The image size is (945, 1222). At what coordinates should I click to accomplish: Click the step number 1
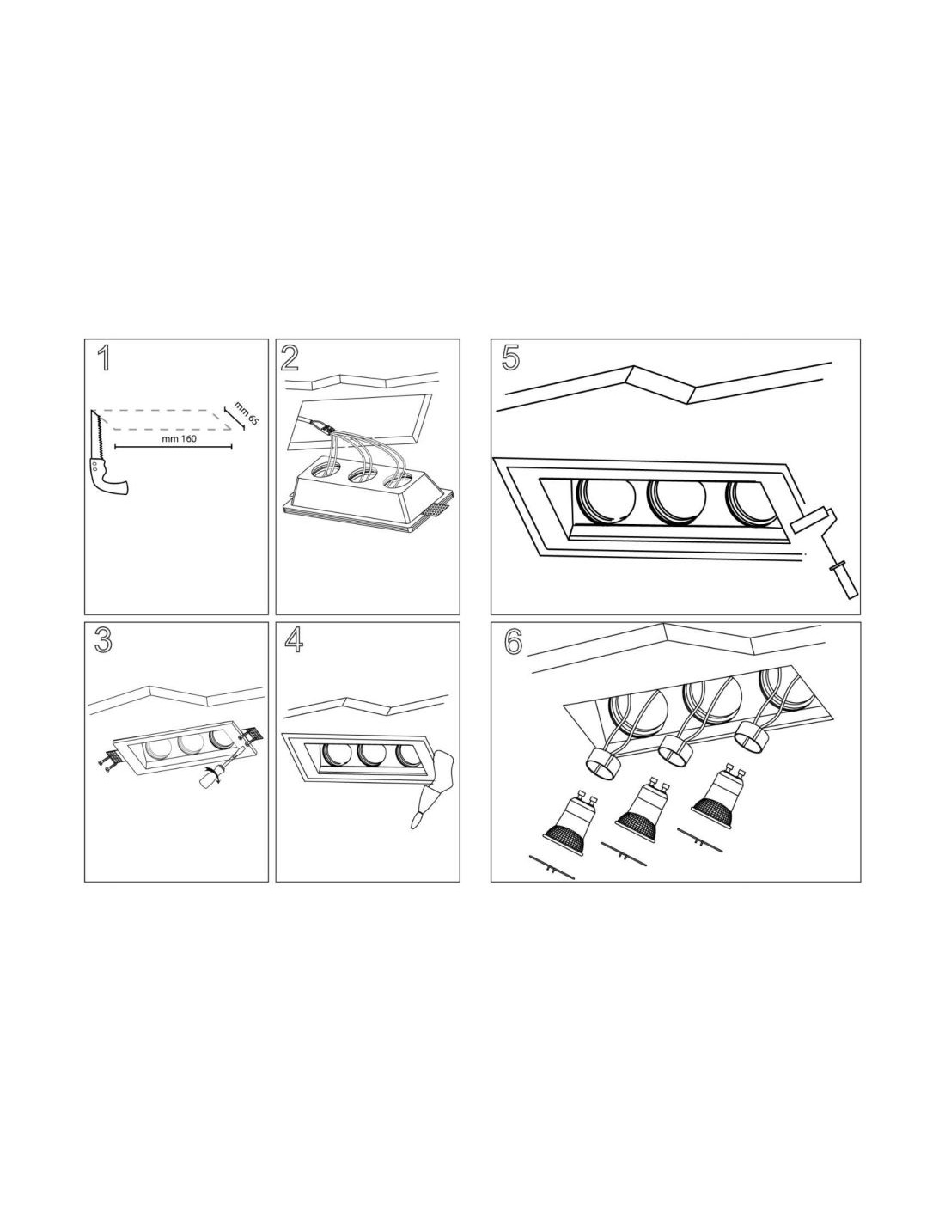point(104,359)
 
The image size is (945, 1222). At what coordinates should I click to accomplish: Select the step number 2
point(290,359)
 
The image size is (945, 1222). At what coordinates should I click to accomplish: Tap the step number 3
point(103,640)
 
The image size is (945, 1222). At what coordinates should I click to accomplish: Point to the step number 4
point(294,640)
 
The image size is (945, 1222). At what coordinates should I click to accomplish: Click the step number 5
point(510,359)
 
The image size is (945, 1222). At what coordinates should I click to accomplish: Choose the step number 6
point(513,643)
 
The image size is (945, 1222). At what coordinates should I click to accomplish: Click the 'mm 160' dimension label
point(180,438)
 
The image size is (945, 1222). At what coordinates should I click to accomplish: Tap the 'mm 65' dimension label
point(247,412)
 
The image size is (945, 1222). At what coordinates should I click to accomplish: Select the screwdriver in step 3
point(219,762)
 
